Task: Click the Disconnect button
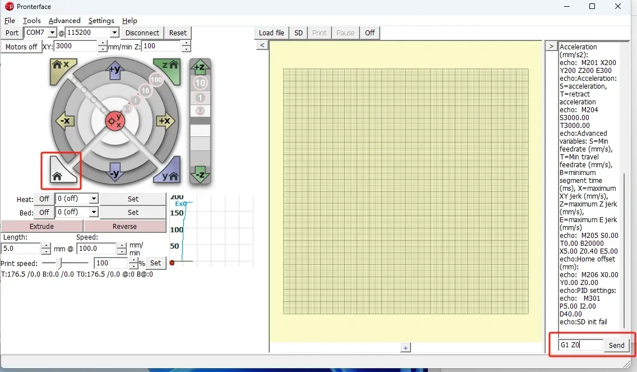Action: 142,33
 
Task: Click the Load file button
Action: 271,33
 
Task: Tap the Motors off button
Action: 21,47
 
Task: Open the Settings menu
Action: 101,20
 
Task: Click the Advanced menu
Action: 64,20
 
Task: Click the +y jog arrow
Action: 115,70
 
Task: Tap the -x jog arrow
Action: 65,121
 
